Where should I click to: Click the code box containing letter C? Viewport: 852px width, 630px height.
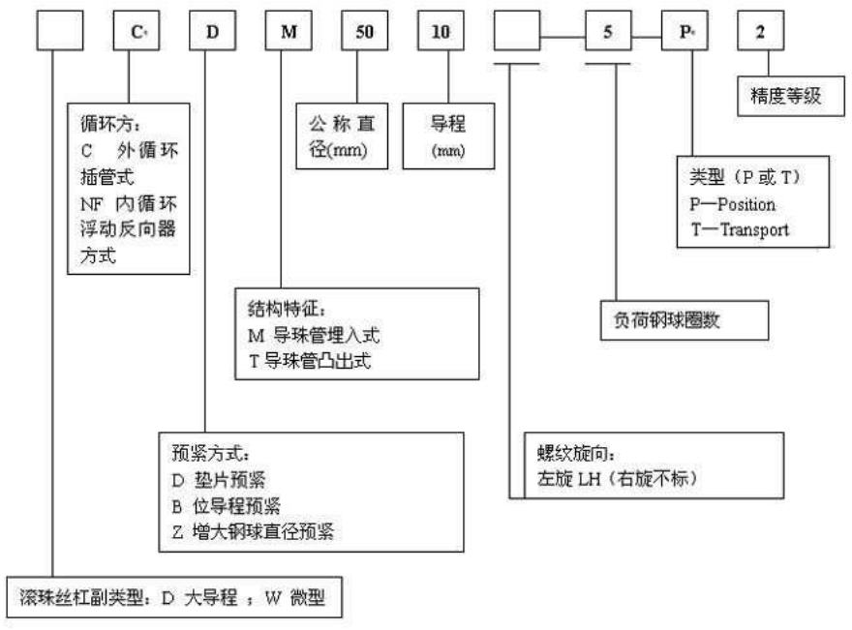(x=137, y=35)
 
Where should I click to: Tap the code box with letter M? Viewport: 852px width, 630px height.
(x=288, y=35)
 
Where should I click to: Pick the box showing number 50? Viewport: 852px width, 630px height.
(x=362, y=35)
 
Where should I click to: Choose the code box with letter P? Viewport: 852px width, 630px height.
(x=684, y=36)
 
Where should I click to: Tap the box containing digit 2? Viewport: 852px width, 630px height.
(x=758, y=35)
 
